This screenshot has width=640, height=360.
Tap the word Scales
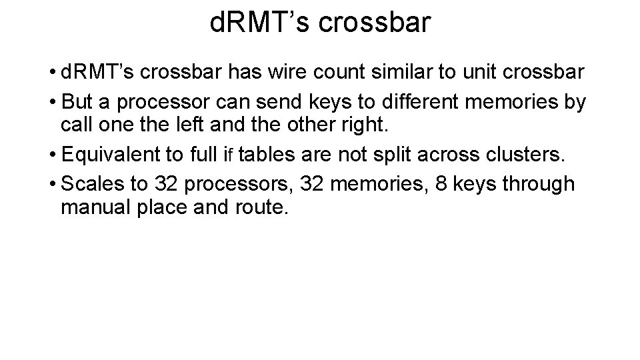tap(89, 183)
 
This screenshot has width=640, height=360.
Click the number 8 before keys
tap(441, 183)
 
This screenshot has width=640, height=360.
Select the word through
tap(541, 183)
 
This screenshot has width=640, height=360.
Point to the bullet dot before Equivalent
tap(52, 156)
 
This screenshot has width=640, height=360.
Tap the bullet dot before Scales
tap(52, 183)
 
